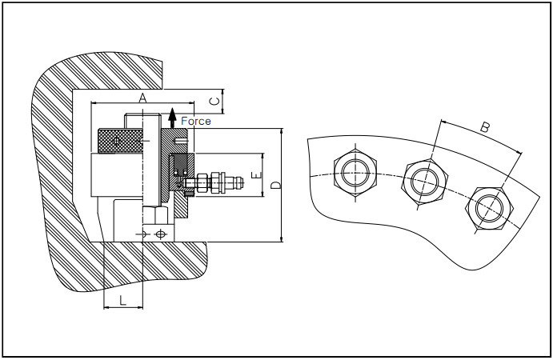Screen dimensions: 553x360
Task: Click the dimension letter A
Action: pos(142,98)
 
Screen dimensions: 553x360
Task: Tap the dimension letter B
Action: pos(486,127)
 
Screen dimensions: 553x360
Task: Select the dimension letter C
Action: pos(214,101)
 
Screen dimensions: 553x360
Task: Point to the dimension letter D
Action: pos(276,185)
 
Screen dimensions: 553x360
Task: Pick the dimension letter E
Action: pos(258,175)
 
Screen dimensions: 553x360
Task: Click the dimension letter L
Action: pos(122,301)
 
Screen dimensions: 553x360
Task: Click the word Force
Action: pos(196,122)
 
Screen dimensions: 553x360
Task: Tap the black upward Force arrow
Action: pos(172,118)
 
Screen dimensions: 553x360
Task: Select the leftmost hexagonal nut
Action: pos(355,173)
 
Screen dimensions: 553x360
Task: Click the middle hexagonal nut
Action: pos(425,182)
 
